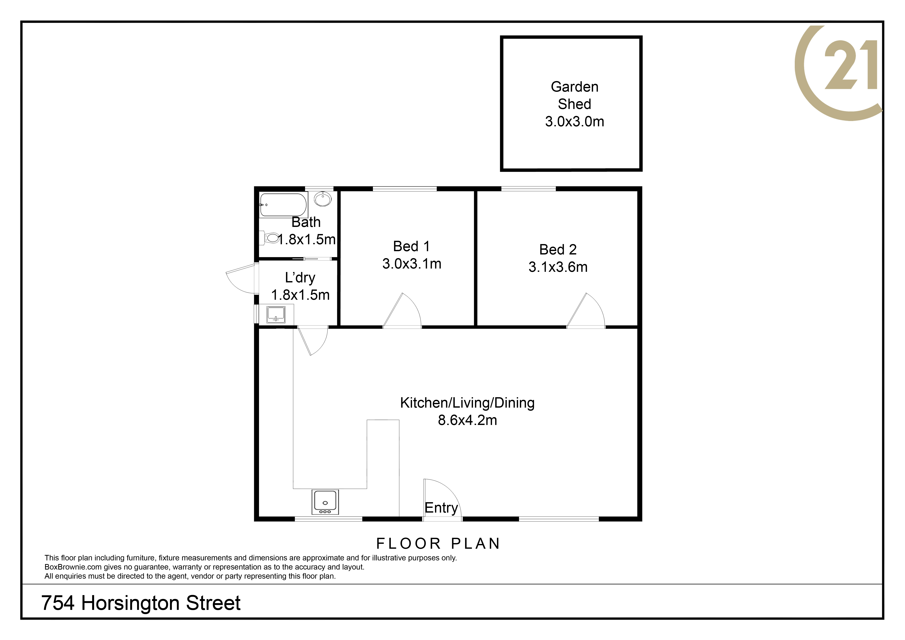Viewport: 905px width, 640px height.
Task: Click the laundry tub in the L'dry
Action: (x=276, y=315)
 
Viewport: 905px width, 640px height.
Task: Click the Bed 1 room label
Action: (x=411, y=246)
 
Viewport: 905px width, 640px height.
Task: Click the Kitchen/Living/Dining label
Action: (x=467, y=403)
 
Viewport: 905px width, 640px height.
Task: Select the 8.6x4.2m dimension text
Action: (x=467, y=420)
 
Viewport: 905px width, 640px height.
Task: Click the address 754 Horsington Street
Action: (x=141, y=603)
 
